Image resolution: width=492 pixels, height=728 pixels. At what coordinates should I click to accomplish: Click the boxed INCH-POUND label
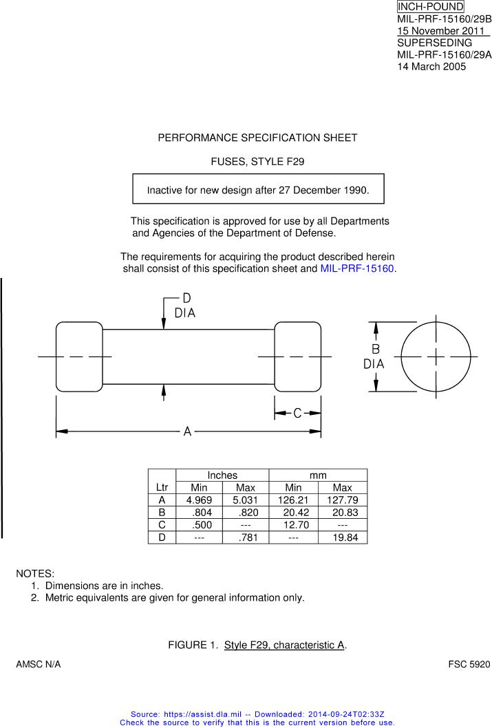[x=430, y=7]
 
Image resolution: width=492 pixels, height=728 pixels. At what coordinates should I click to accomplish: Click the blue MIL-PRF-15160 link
[x=357, y=268]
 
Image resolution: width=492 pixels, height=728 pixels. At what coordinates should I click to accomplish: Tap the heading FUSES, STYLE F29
[x=257, y=162]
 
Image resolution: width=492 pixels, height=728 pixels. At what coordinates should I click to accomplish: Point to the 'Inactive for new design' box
[x=258, y=189]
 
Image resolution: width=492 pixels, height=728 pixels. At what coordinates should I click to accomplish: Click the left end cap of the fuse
[x=79, y=356]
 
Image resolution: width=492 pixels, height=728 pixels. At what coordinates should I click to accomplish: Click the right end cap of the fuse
[x=298, y=356]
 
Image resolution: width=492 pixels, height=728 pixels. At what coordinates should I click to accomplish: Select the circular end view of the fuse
[x=436, y=356]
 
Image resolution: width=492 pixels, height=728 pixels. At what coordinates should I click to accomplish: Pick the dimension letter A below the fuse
[x=187, y=431]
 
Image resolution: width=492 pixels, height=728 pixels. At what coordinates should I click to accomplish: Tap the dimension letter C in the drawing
[x=297, y=413]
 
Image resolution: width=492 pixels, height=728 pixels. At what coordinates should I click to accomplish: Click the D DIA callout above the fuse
[x=185, y=306]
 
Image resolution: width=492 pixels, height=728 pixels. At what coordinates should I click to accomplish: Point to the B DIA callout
[x=375, y=356]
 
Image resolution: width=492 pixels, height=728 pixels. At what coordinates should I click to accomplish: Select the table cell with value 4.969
[x=199, y=500]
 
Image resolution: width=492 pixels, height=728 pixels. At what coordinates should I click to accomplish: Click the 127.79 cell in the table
[x=342, y=500]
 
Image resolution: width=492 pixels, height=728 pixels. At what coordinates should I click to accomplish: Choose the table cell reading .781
[x=246, y=537]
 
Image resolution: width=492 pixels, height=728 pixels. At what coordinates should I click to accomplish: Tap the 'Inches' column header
[x=222, y=475]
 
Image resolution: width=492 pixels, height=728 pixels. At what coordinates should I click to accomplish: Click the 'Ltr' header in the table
[x=162, y=487]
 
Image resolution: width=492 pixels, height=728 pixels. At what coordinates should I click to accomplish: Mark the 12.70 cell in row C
[x=293, y=525]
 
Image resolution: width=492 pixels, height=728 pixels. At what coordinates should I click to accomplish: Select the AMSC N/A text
[x=39, y=665]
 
